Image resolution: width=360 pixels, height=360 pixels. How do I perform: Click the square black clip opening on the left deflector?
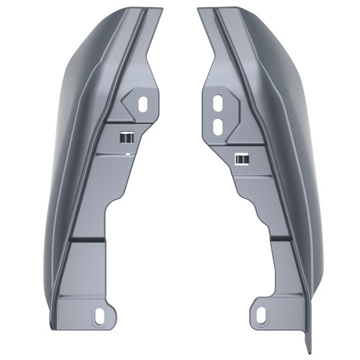[127, 137]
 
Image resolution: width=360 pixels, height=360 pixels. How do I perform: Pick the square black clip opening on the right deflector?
[241, 158]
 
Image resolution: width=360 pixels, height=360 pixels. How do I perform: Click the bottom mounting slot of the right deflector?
[261, 314]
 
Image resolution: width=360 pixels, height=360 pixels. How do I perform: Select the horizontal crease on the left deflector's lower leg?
[86, 236]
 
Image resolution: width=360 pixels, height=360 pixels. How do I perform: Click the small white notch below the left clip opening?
[127, 153]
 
